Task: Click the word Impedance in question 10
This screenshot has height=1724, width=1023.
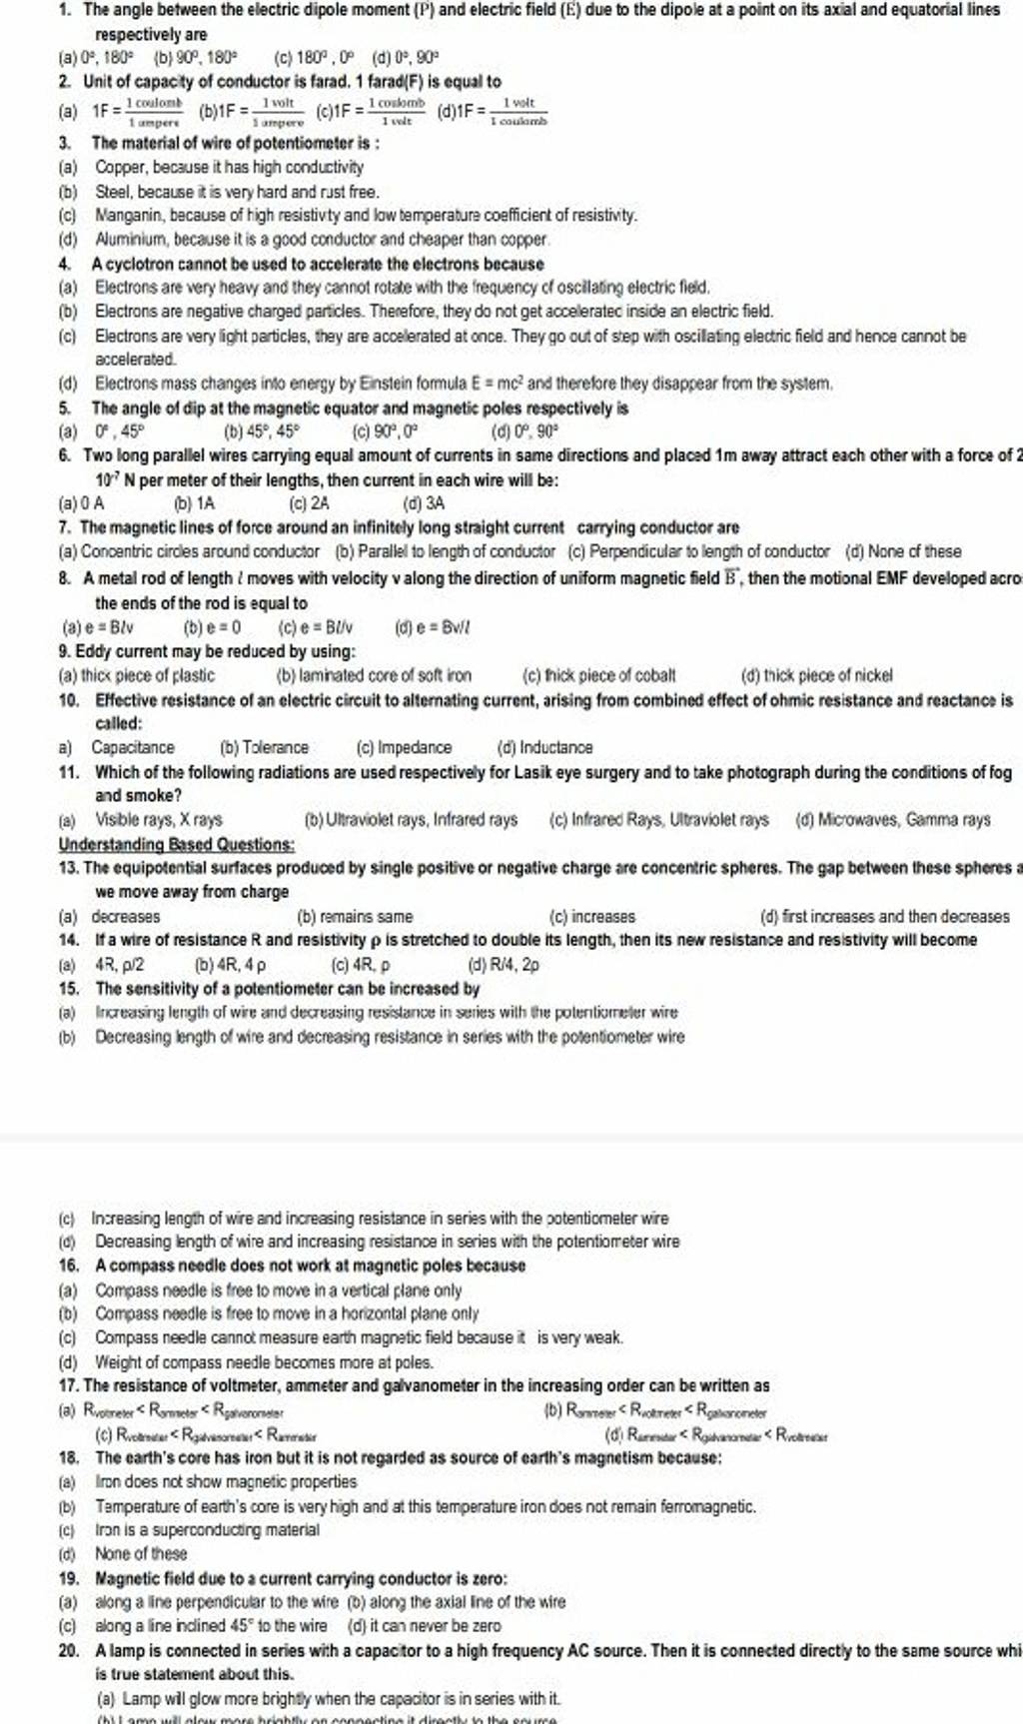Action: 414,747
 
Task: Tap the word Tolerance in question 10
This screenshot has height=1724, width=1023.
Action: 276,747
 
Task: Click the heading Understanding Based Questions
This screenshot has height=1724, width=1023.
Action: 176,844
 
